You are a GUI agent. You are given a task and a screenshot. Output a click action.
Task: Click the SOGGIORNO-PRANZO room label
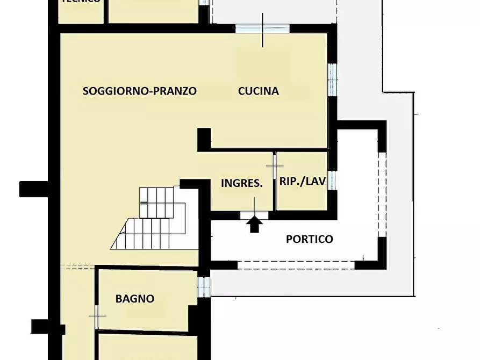(139, 91)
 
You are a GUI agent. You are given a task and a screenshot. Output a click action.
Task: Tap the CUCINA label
(259, 91)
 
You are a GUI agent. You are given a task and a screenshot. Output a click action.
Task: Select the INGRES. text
(242, 183)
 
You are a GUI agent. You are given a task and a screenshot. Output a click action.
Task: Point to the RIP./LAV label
(303, 181)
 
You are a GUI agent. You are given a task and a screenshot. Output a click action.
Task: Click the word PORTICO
(309, 239)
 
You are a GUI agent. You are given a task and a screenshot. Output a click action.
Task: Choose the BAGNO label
(135, 299)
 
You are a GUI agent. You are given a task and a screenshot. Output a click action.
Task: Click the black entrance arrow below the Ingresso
(255, 224)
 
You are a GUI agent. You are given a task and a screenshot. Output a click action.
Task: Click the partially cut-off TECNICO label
(81, 2)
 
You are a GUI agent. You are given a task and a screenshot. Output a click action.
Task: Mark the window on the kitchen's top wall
(255, 28)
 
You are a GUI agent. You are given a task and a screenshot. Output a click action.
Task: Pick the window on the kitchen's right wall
(332, 80)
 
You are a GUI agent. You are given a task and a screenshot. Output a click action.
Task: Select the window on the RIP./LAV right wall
(332, 180)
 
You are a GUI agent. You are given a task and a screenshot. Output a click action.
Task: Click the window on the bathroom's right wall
(203, 287)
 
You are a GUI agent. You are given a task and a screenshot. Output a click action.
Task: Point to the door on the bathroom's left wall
(97, 317)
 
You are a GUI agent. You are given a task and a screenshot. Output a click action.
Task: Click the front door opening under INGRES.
(254, 215)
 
